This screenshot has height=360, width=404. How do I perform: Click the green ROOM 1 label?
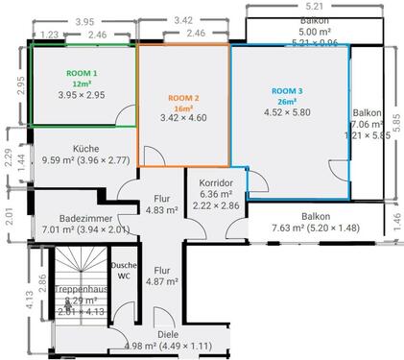pos(82,73)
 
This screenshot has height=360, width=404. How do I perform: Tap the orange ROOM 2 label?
pos(183,98)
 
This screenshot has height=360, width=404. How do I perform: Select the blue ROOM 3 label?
pos(288,90)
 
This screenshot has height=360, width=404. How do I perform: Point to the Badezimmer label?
pos(81,218)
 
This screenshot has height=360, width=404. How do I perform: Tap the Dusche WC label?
pos(122,270)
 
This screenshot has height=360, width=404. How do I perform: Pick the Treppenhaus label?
pos(79,287)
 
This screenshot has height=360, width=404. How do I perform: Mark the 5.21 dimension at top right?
pos(315,7)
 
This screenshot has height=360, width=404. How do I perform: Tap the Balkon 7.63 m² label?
pos(315,217)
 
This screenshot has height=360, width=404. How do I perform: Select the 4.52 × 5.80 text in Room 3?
pos(288,112)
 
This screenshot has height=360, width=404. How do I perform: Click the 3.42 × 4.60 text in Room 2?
pos(183,118)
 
